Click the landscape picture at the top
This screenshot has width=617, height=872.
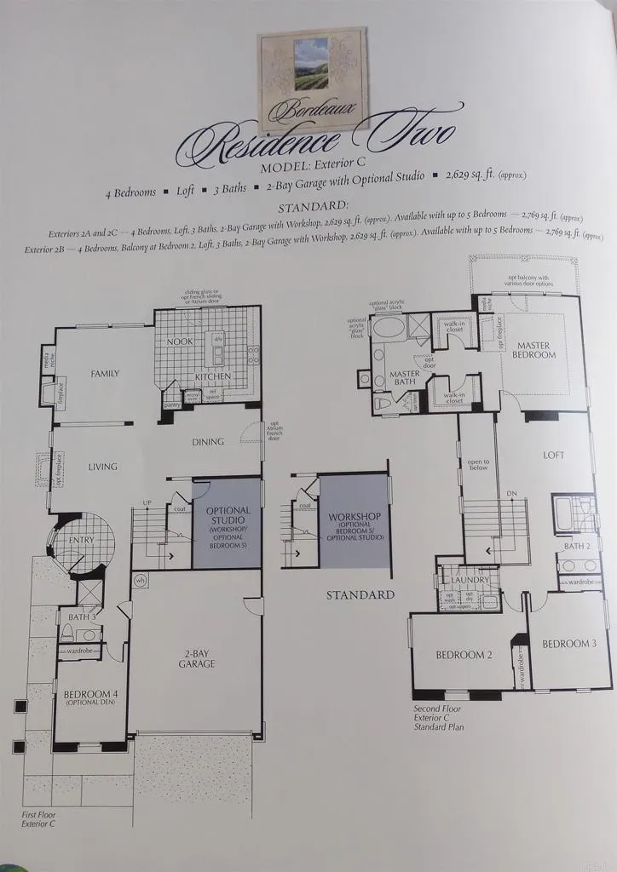pyautogui.click(x=313, y=66)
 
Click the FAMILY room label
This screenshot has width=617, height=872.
pyautogui.click(x=99, y=373)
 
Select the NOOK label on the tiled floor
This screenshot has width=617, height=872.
pyautogui.click(x=180, y=341)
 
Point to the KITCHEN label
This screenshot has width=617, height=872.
pyautogui.click(x=214, y=376)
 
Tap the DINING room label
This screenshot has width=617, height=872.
pyautogui.click(x=208, y=441)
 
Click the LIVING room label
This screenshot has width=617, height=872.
pyautogui.click(x=102, y=467)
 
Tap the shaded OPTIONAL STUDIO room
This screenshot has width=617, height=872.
pyautogui.click(x=227, y=523)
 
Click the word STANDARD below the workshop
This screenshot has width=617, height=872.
pyautogui.click(x=360, y=594)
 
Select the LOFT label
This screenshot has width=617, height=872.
pyautogui.click(x=554, y=455)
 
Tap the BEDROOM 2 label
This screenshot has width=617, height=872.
pyautogui.click(x=464, y=655)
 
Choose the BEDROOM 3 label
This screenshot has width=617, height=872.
pyautogui.click(x=569, y=643)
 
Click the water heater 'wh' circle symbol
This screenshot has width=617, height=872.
pyautogui.click(x=140, y=581)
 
